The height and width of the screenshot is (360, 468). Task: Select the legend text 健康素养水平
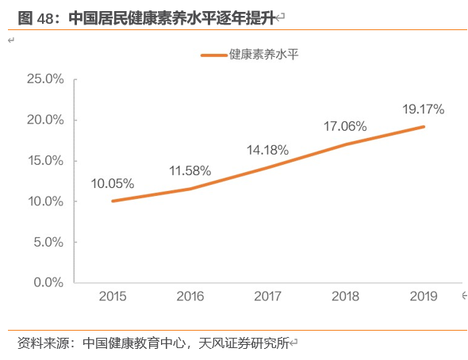(x=263, y=55)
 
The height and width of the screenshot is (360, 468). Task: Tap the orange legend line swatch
(x=213, y=56)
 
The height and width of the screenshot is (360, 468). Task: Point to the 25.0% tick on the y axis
(x=44, y=79)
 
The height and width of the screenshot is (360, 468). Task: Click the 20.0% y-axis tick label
(x=44, y=120)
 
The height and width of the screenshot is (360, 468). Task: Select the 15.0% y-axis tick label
(x=44, y=160)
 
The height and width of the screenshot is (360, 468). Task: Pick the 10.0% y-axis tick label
(x=44, y=201)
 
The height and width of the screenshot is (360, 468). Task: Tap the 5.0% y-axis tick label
(x=48, y=242)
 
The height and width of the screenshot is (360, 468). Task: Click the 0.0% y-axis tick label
(x=48, y=282)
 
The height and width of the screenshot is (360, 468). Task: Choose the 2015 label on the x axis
(x=113, y=297)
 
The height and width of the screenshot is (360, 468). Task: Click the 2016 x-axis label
(x=190, y=297)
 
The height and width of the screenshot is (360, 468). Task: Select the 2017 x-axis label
(x=268, y=297)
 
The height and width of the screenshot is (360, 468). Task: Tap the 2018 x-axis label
(x=346, y=297)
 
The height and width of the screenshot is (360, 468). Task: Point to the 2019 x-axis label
(x=424, y=297)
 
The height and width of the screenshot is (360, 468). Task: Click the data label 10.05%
(x=112, y=183)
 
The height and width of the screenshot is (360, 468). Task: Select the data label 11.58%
(x=190, y=170)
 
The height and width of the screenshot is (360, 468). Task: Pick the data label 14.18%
(x=267, y=149)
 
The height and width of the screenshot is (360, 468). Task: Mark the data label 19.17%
(x=423, y=109)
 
